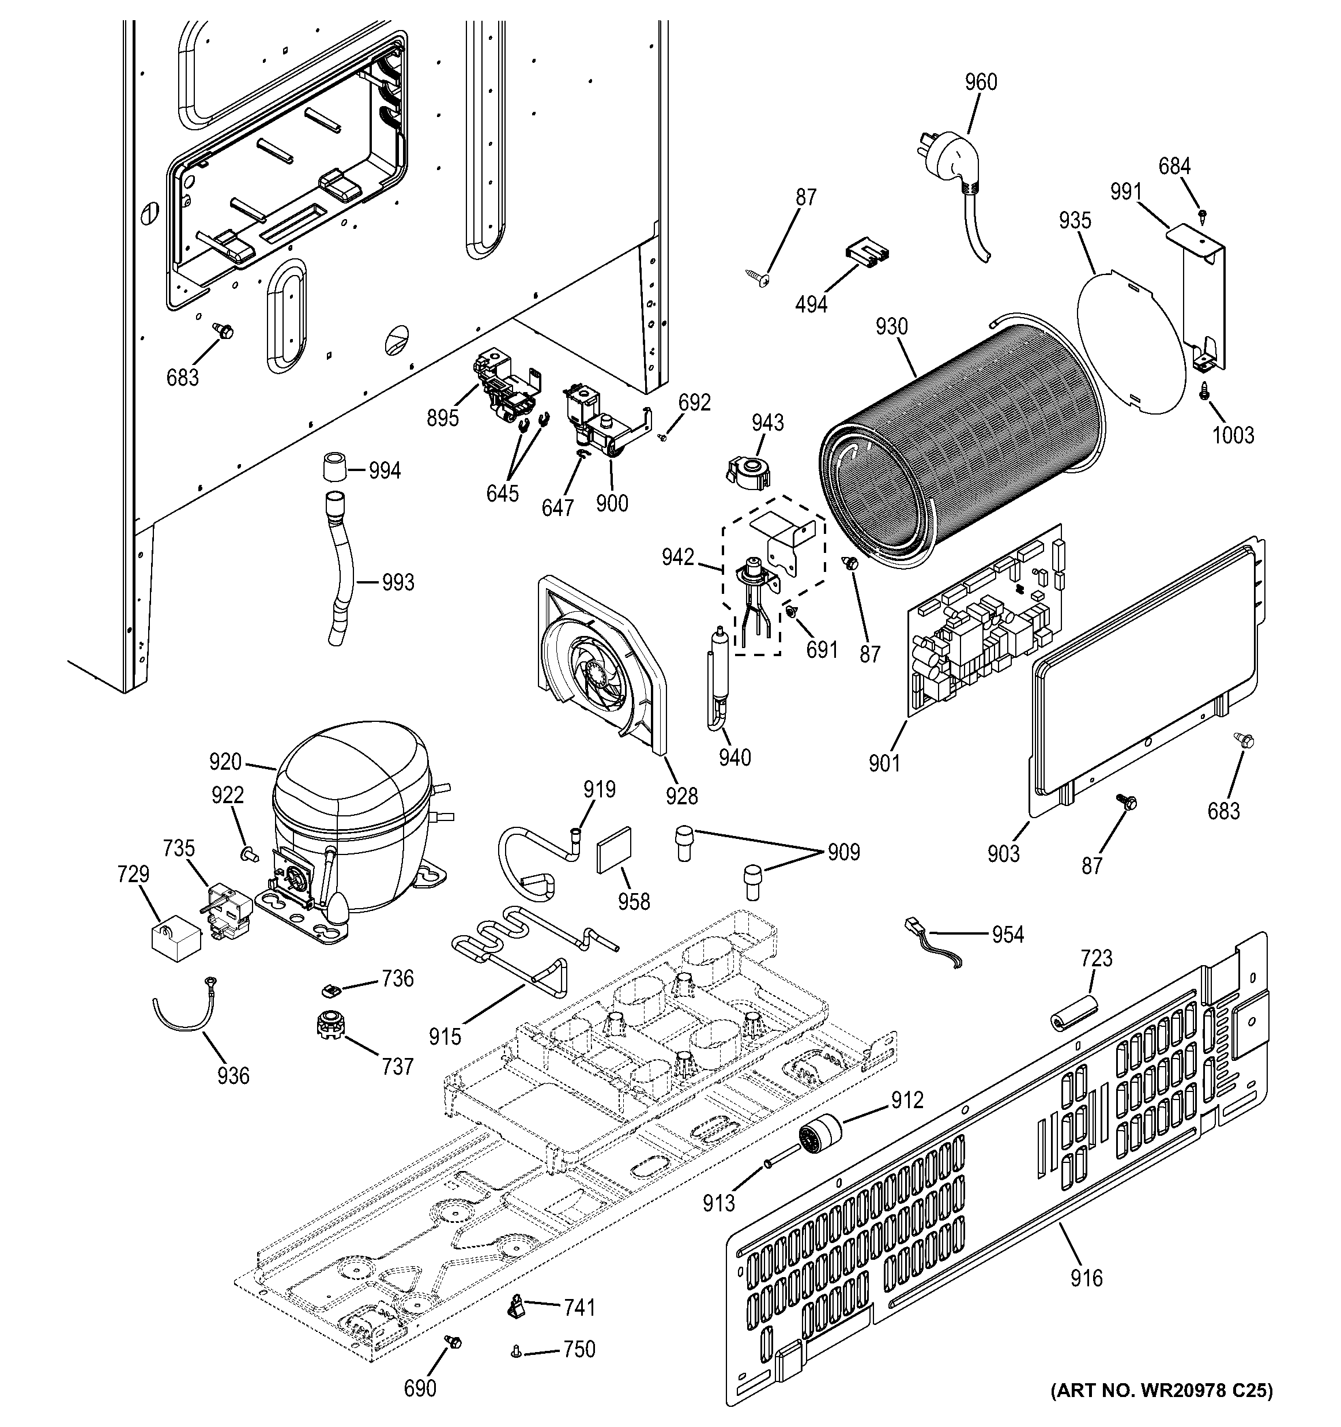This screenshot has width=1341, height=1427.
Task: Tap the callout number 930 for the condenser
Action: pyautogui.click(x=892, y=327)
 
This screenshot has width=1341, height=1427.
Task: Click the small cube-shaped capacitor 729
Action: pyautogui.click(x=174, y=937)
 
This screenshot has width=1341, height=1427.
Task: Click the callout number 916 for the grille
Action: pyautogui.click(x=1086, y=1278)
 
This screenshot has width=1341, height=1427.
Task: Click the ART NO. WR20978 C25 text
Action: pyautogui.click(x=1161, y=1409)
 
